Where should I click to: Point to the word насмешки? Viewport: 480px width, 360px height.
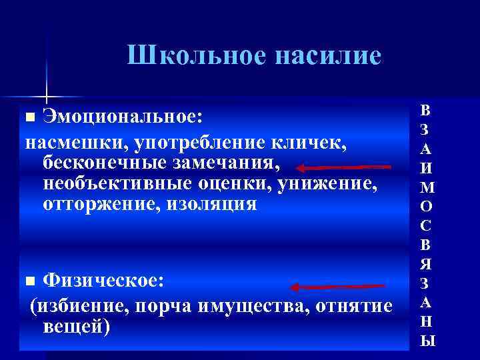pyautogui.click(x=77, y=141)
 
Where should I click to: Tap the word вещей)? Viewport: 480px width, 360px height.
pyautogui.click(x=76, y=327)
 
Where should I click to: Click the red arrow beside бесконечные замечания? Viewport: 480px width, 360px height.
pyautogui.click(x=344, y=167)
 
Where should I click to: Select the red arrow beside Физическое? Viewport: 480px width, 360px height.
pyautogui.click(x=339, y=287)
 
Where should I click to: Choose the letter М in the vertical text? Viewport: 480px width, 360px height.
pyautogui.click(x=427, y=189)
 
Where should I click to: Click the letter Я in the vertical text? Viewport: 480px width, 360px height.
pyautogui.click(x=427, y=265)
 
